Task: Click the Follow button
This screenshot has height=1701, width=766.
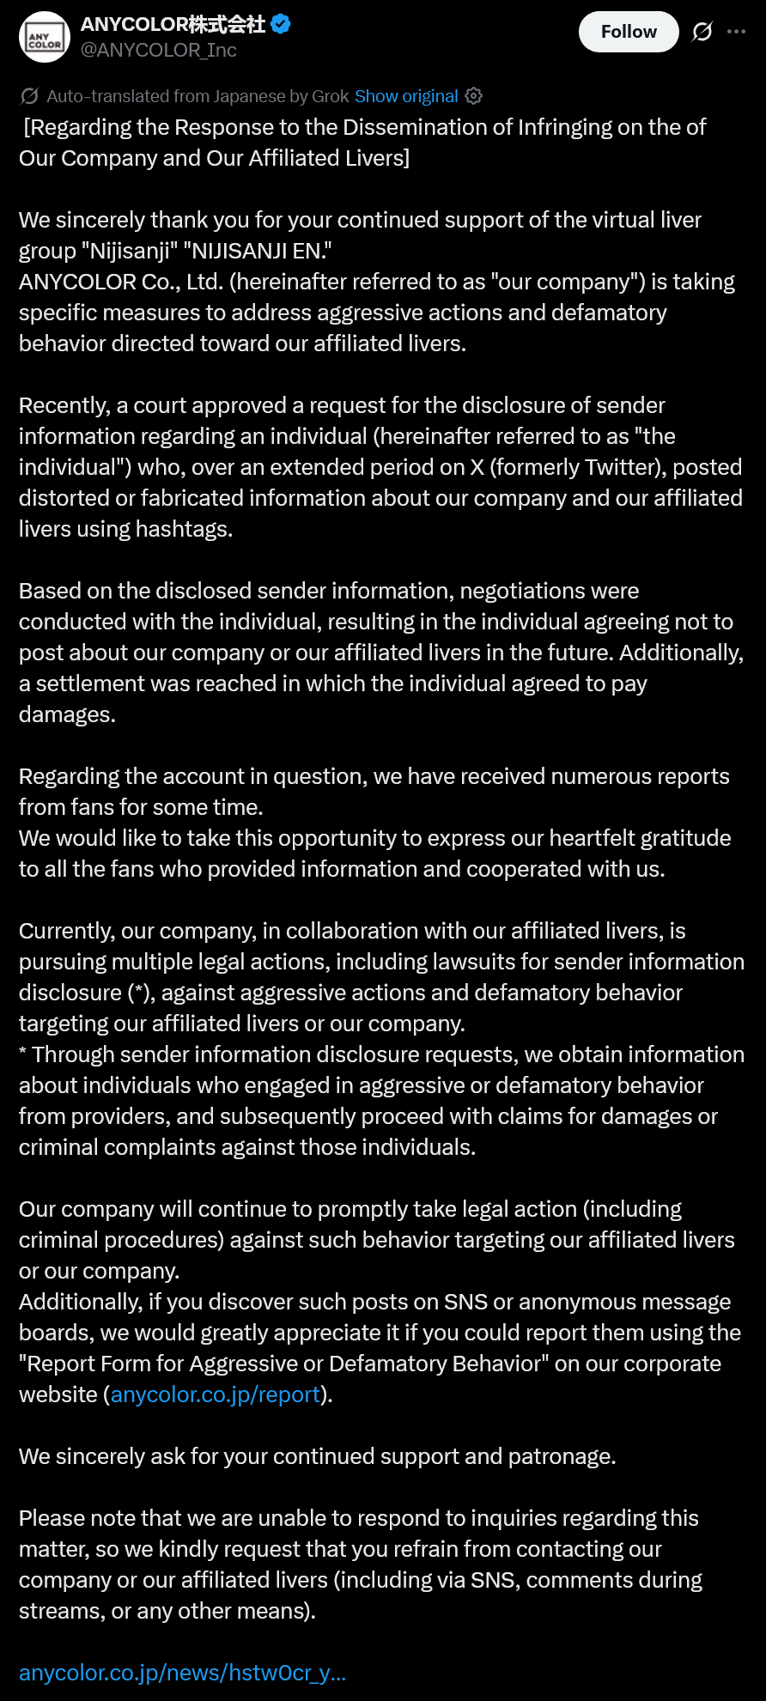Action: [629, 32]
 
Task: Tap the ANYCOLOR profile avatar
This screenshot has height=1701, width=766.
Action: [44, 37]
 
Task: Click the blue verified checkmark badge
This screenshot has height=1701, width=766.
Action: [281, 24]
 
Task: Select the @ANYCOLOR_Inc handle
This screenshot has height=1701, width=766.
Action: [158, 51]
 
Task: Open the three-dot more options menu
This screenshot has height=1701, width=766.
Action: [736, 32]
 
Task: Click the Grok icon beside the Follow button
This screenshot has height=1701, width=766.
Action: [702, 32]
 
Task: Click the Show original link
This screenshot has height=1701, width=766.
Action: [406, 96]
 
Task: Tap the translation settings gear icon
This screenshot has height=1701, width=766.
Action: [474, 96]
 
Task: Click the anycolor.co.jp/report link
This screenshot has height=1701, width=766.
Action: [216, 1394]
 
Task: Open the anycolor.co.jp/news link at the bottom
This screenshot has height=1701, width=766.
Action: [182, 1673]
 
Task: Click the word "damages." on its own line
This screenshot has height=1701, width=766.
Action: [67, 714]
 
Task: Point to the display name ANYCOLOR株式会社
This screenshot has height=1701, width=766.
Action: [173, 24]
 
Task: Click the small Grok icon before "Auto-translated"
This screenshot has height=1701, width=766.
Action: [29, 96]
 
